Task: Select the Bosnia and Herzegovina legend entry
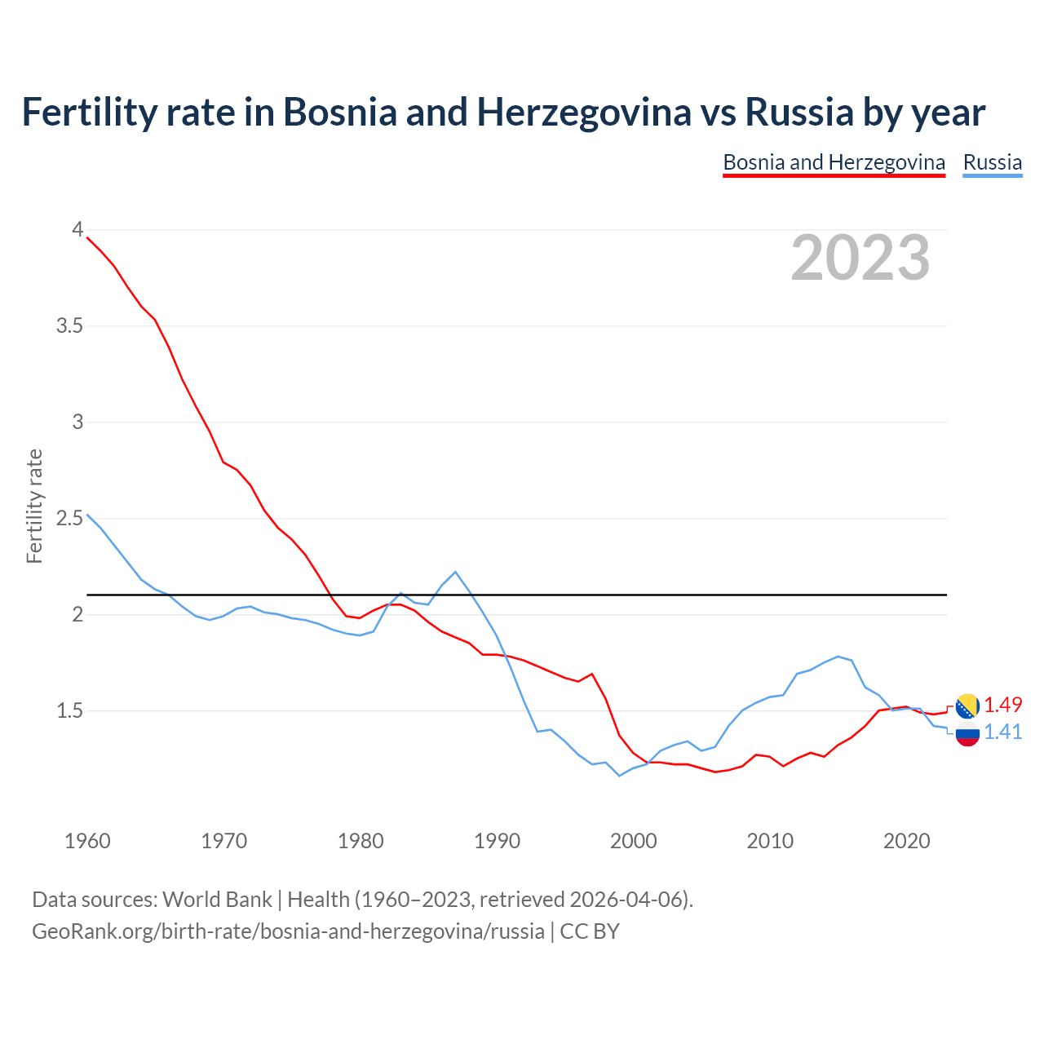pyautogui.click(x=834, y=162)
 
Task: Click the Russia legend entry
pyautogui.click(x=992, y=162)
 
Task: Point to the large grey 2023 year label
pyautogui.click(x=860, y=258)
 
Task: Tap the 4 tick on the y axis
pyautogui.click(x=77, y=230)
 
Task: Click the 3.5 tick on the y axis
pyautogui.click(x=70, y=326)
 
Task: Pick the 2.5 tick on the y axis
pyautogui.click(x=70, y=519)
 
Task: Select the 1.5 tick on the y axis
pyautogui.click(x=70, y=711)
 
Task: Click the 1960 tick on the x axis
pyautogui.click(x=87, y=841)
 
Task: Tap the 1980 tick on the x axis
pyautogui.click(x=361, y=841)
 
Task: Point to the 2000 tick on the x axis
pyautogui.click(x=634, y=841)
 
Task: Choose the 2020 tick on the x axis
pyautogui.click(x=906, y=841)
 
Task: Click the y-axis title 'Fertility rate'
pyautogui.click(x=34, y=506)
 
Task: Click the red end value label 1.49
pyautogui.click(x=1002, y=705)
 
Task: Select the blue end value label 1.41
pyautogui.click(x=1002, y=732)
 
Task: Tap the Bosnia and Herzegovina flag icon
pyautogui.click(x=967, y=706)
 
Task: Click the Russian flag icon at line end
pyautogui.click(x=967, y=734)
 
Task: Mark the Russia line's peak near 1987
pyautogui.click(x=455, y=572)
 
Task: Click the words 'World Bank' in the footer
pyautogui.click(x=217, y=900)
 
